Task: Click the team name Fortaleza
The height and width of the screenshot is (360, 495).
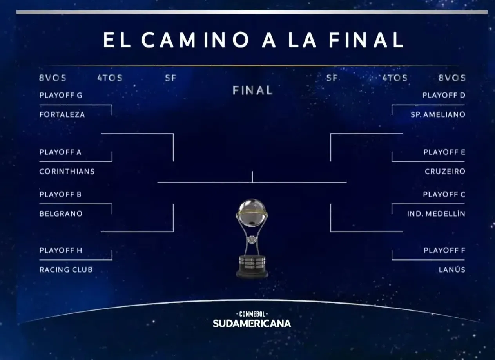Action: [x=62, y=114]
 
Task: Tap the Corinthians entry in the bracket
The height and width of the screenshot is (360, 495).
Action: [x=67, y=172]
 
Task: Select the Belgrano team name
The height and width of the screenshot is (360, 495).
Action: [x=61, y=213]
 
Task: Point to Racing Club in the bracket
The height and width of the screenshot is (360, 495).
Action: [x=66, y=270]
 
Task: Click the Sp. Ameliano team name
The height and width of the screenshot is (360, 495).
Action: [x=438, y=114]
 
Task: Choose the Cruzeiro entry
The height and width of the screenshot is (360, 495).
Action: [x=445, y=172]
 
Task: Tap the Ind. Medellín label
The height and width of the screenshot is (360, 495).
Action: [x=436, y=213]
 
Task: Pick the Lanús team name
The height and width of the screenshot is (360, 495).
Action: [x=452, y=269]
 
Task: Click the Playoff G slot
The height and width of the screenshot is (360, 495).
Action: [x=61, y=95]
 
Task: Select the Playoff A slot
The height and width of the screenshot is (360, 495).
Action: [x=60, y=152]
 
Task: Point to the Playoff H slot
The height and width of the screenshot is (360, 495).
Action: [x=61, y=250]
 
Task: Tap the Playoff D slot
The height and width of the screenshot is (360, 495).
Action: [x=444, y=95]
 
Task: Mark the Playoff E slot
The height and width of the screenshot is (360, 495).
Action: [x=444, y=152]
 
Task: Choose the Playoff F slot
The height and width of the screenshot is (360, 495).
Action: [x=444, y=250]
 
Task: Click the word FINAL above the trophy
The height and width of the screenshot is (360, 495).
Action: [x=252, y=90]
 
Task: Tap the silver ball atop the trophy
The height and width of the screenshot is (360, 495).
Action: [x=252, y=212]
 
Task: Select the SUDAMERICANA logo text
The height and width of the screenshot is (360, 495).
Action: [x=252, y=324]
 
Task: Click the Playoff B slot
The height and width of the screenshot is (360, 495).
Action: [x=60, y=194]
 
